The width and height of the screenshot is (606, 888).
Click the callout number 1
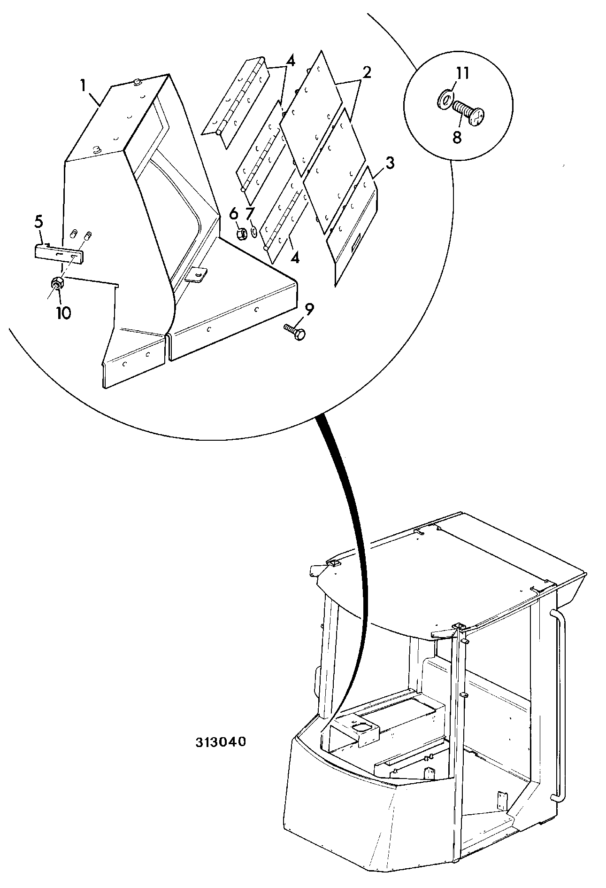point(83,86)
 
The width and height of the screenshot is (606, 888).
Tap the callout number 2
point(366,72)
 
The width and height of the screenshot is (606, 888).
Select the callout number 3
point(390,164)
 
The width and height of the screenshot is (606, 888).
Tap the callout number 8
point(457,137)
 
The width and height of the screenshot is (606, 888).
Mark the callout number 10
point(63,313)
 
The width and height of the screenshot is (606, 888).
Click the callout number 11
point(462,74)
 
